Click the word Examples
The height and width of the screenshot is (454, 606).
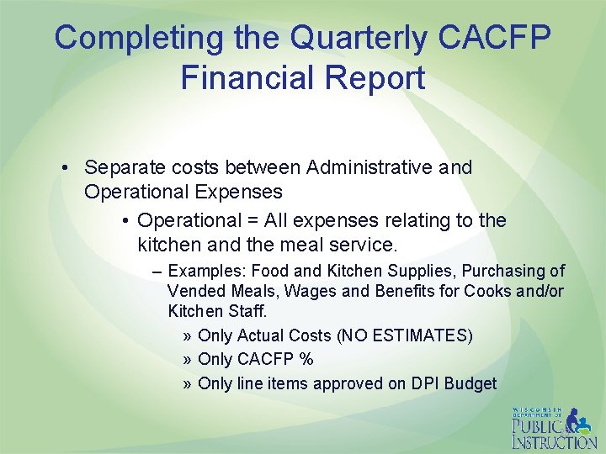pos(206,271)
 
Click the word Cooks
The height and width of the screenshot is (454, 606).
pos(483,291)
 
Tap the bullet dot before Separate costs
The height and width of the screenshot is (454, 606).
pos(65,168)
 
